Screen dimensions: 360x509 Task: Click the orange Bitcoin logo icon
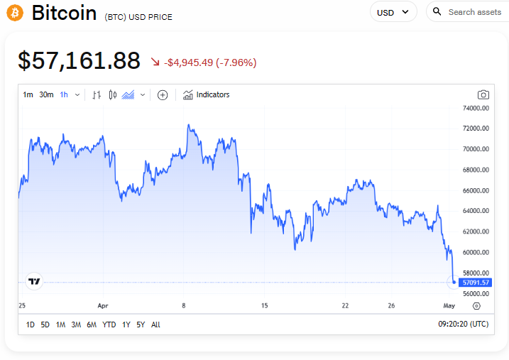point(14,12)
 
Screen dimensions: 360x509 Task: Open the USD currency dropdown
point(393,12)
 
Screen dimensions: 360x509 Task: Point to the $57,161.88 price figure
point(79,61)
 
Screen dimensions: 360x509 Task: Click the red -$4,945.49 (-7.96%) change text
point(210,62)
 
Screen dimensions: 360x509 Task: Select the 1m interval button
point(28,94)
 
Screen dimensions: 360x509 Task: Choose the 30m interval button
point(46,94)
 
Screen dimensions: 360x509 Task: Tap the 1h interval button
point(64,94)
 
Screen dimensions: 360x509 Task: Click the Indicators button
point(206,94)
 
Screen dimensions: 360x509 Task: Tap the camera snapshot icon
point(483,94)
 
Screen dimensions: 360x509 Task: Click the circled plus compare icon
point(163,94)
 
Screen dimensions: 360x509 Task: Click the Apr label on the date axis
point(104,306)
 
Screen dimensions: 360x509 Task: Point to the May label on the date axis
point(449,306)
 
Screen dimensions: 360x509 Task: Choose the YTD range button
point(109,324)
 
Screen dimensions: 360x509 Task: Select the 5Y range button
point(141,324)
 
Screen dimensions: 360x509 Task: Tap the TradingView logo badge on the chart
point(34,281)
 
